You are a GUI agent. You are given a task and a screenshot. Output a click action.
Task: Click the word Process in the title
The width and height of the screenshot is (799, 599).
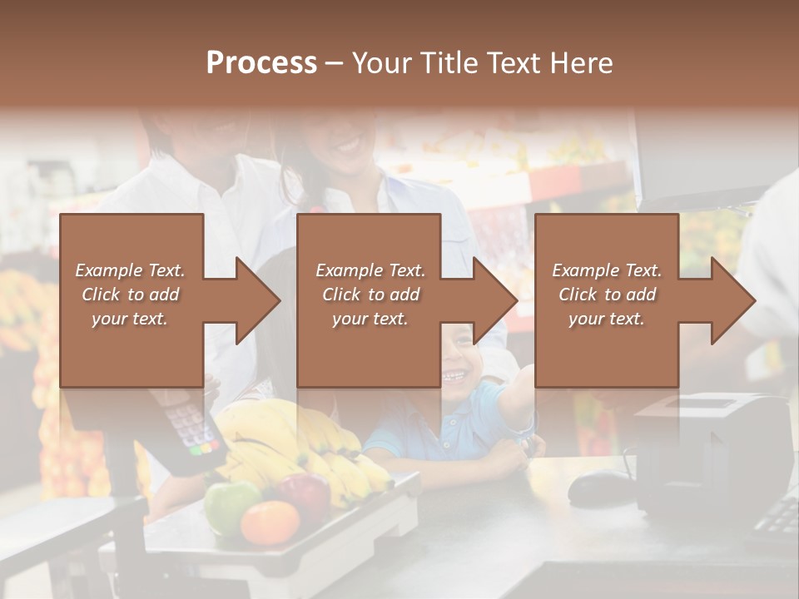pos(261,63)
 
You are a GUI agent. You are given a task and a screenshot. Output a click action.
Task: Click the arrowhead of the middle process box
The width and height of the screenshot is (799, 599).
pos(494,300)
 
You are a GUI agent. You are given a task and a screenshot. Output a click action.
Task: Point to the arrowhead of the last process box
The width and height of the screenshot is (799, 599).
pos(732,300)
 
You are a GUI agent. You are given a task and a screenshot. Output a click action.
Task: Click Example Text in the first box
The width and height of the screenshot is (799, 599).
pos(130,270)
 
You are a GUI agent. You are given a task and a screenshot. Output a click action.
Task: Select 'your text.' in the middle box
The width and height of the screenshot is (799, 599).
pos(370,319)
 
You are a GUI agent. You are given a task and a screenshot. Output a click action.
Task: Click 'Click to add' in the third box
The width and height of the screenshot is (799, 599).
pos(607,295)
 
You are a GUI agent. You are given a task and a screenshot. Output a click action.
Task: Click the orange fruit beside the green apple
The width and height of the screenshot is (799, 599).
pos(270,522)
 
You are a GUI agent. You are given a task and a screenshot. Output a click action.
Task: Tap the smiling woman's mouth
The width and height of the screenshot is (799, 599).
pos(348,147)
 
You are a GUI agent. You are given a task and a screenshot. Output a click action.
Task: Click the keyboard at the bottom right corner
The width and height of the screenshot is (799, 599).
pos(778,520)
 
